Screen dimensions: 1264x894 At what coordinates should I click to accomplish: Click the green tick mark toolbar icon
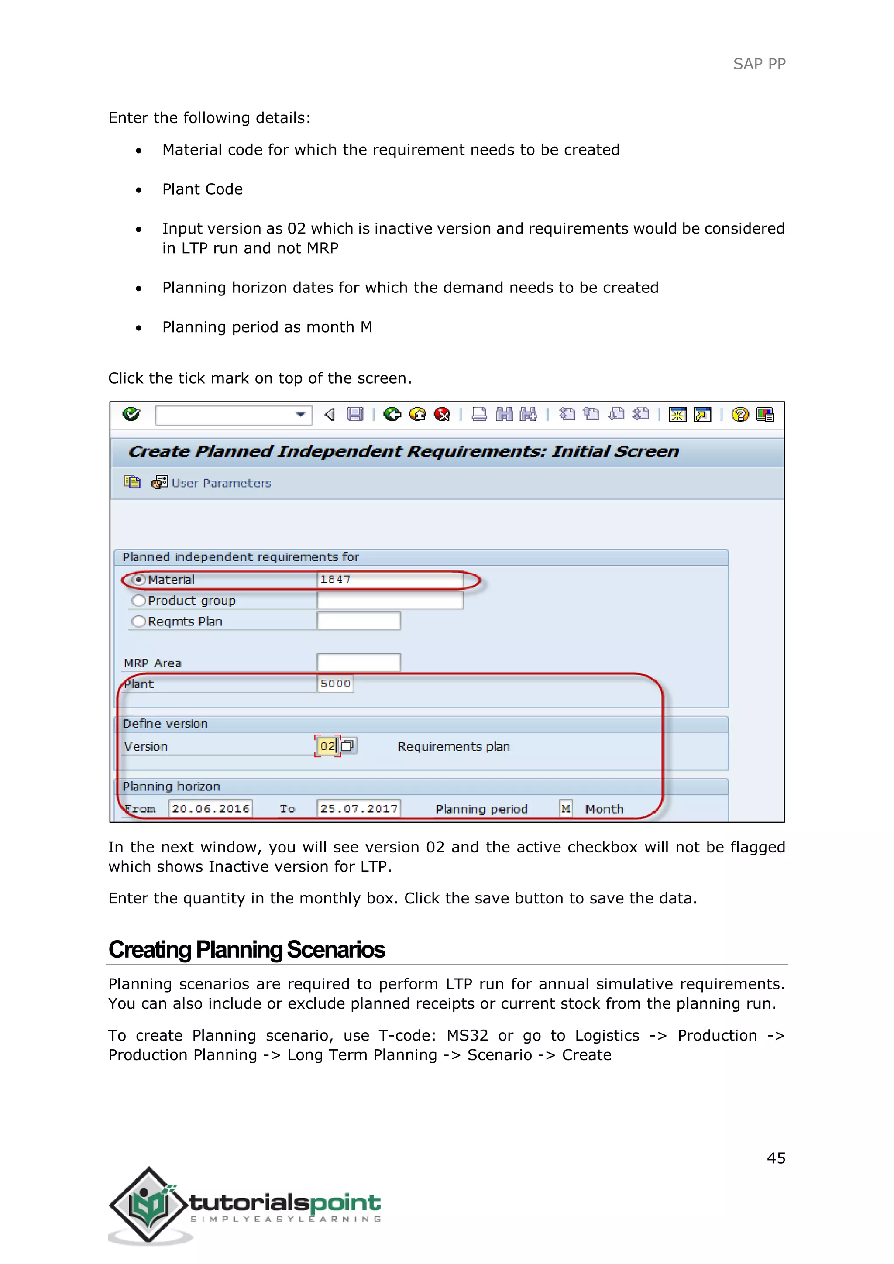131,414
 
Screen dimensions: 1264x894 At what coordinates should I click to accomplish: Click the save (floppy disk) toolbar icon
355,414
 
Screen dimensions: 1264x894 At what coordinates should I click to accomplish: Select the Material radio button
139,580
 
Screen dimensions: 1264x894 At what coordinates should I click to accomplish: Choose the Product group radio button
139,601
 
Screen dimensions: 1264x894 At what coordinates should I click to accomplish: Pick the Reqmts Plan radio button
139,622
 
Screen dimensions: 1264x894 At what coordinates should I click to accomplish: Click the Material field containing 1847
389,580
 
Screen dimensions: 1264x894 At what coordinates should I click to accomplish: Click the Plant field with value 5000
335,684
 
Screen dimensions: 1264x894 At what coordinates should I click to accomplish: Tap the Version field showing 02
327,746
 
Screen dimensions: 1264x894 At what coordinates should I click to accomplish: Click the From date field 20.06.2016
210,809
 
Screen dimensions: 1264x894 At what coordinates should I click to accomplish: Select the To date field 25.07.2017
358,809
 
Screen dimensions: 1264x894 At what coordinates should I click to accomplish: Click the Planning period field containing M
565,809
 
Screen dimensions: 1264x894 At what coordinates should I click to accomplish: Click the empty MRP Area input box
358,663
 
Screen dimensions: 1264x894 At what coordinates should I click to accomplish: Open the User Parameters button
213,483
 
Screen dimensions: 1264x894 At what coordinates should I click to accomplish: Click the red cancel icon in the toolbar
442,414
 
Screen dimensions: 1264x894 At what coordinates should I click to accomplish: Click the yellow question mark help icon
740,414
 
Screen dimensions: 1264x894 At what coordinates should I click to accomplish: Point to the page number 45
776,1158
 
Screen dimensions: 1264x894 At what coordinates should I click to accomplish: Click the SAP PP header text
759,64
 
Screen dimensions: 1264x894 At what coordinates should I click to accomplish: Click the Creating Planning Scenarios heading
247,950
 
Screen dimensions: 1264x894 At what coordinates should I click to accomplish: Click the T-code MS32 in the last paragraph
467,1036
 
